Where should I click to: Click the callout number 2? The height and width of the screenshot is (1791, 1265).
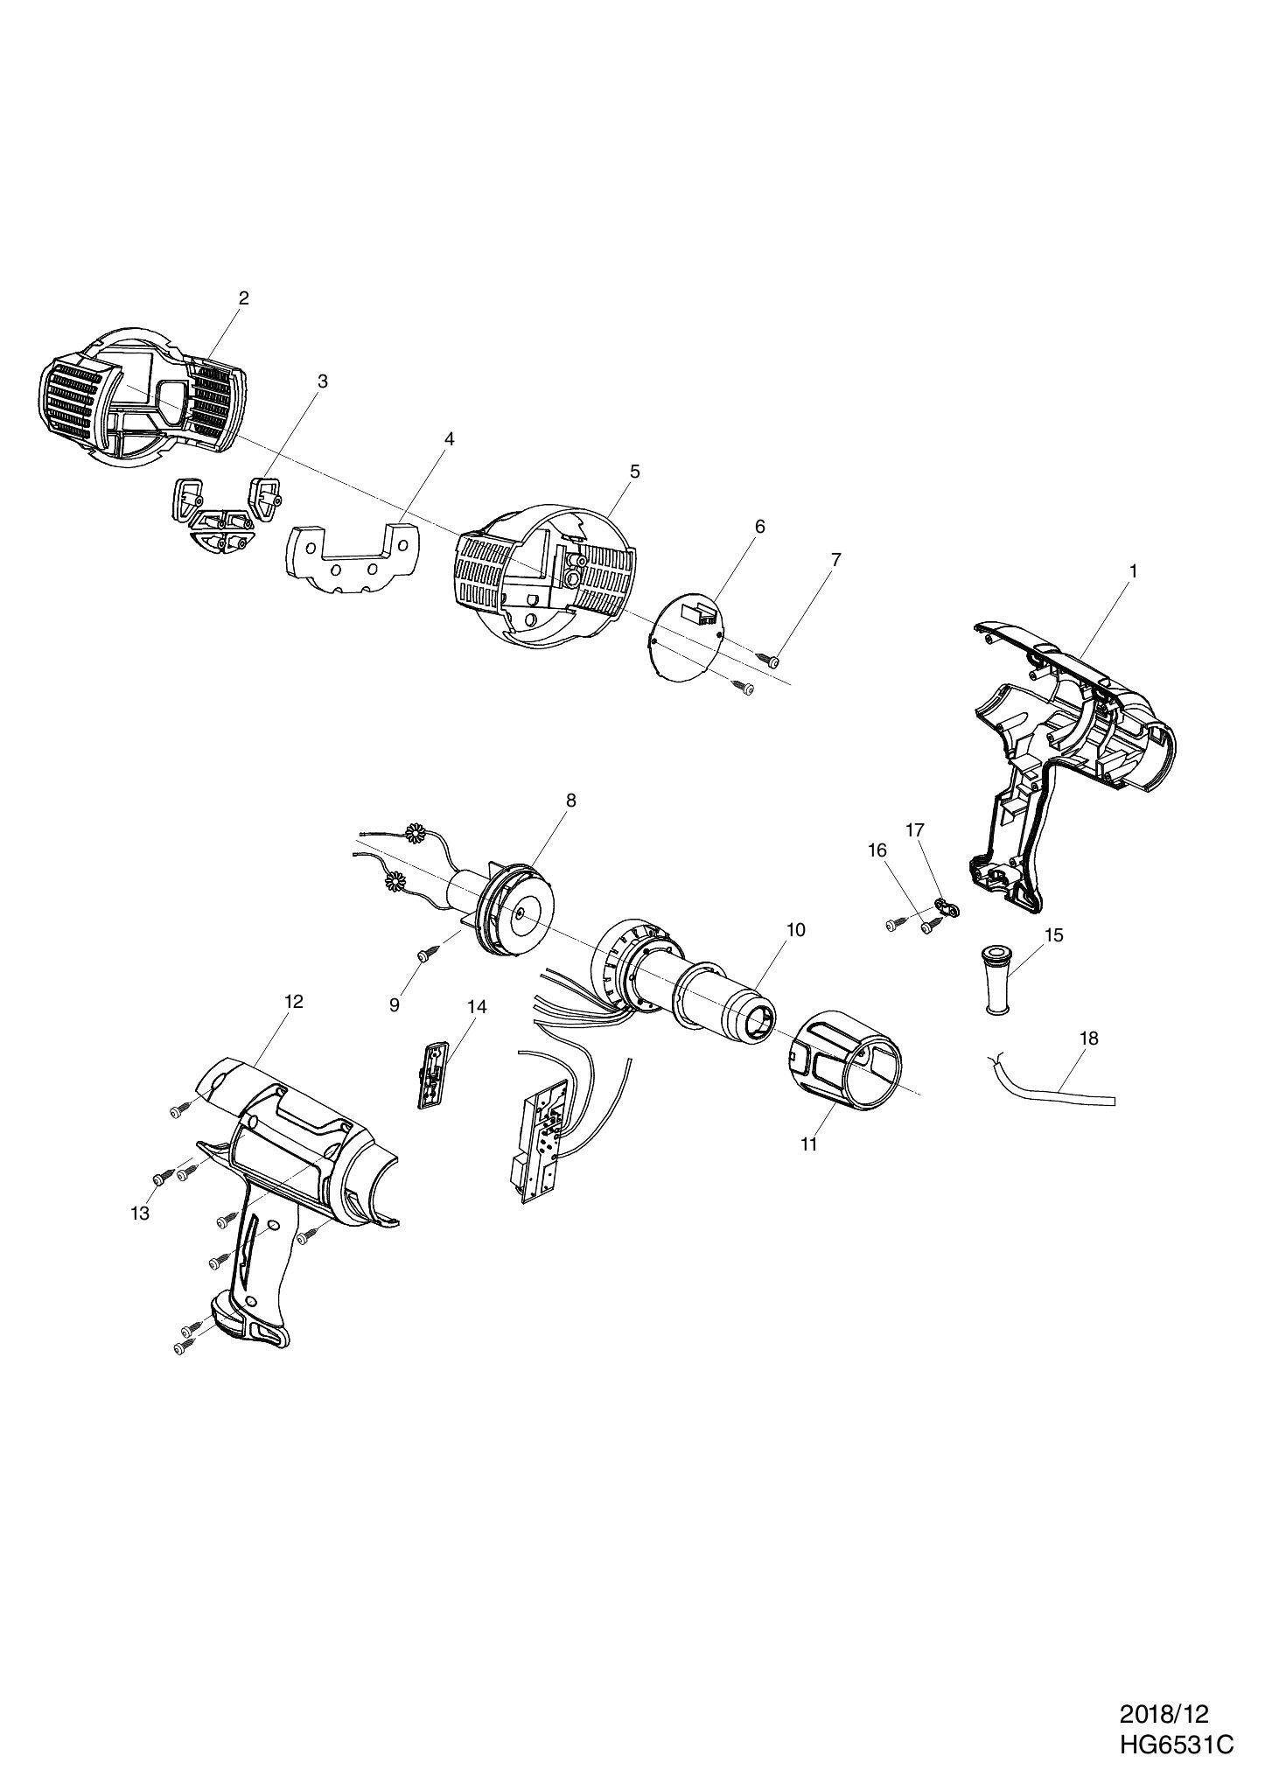[243, 297]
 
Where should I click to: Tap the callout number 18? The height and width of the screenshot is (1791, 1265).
[1089, 1039]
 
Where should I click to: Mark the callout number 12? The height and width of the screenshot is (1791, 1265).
[293, 1002]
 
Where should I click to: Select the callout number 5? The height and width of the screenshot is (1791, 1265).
[634, 472]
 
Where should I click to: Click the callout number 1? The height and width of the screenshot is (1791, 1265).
[1133, 570]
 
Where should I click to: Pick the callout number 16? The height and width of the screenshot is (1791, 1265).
[877, 850]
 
